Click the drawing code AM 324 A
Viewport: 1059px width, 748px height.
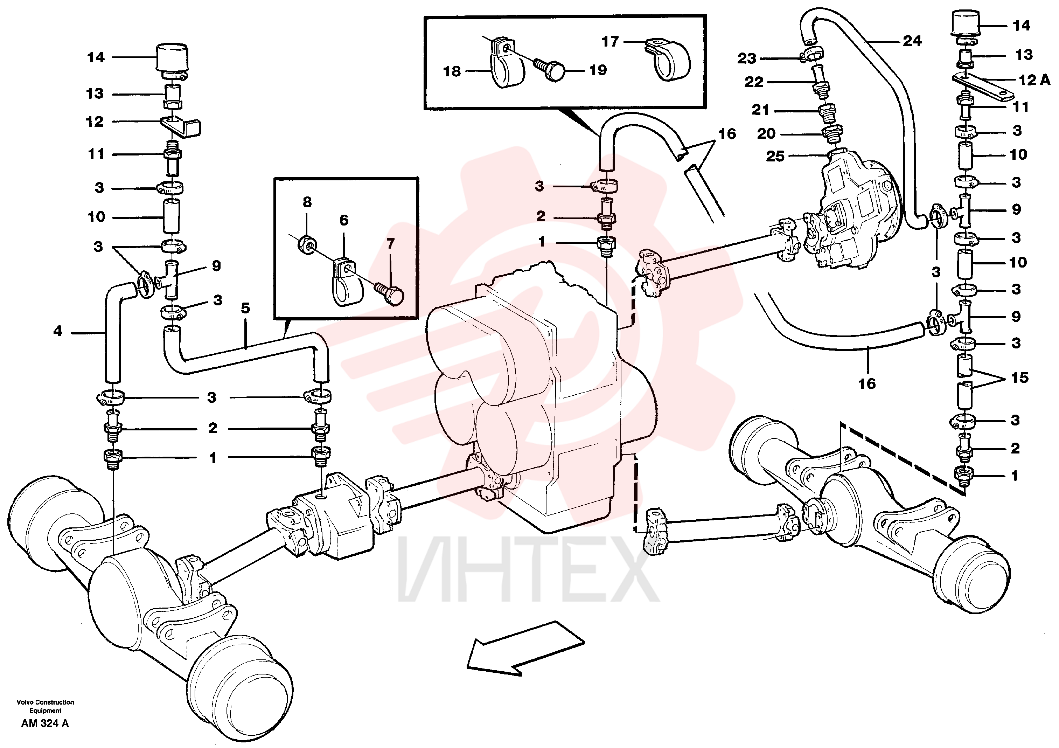pos(45,723)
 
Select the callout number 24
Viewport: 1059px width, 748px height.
pos(912,41)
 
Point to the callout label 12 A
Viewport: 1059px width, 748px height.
pos(1034,80)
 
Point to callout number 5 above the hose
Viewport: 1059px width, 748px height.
pos(245,308)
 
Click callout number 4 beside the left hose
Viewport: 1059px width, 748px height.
pos(58,331)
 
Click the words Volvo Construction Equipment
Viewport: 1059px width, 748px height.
pos(45,706)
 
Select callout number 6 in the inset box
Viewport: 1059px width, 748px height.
pos(344,220)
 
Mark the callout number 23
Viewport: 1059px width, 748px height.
pos(747,58)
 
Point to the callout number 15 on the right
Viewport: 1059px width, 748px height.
pos(1020,378)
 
